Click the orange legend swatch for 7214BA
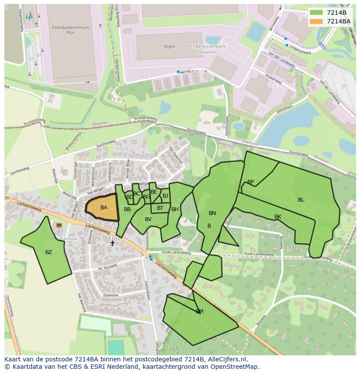tap(317, 21)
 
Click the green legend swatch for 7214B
tap(317, 13)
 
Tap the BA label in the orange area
tap(103, 208)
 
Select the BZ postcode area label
tap(49, 252)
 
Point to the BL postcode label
tap(301, 200)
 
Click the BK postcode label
tap(278, 217)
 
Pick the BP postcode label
tap(250, 182)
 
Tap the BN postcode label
tap(212, 213)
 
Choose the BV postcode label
tap(148, 219)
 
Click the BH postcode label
tap(175, 209)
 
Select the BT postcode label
tap(160, 208)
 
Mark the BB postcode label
tap(127, 209)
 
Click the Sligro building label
tap(170, 46)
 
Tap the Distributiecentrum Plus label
tap(70, 30)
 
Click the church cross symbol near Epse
tap(112, 243)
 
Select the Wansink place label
tap(67, 238)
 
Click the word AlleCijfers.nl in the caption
tap(227, 359)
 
